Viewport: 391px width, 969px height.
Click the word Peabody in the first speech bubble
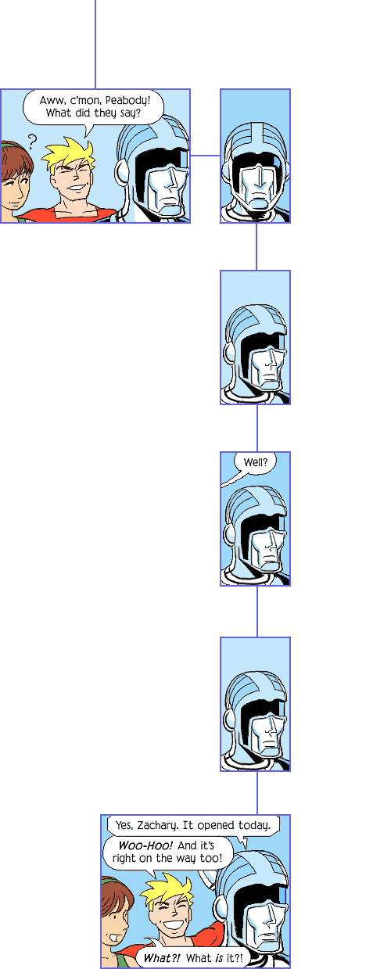point(128,101)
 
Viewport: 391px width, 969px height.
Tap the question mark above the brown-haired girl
point(32,141)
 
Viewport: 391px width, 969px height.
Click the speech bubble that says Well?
point(255,463)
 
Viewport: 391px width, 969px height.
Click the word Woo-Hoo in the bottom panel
point(145,845)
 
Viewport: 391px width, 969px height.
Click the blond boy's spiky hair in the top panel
point(69,154)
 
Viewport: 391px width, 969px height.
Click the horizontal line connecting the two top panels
point(206,156)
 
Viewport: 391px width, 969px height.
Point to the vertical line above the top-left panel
point(95,44)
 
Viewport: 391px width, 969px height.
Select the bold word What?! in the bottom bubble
point(161,958)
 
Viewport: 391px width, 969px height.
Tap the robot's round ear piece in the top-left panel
point(121,172)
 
